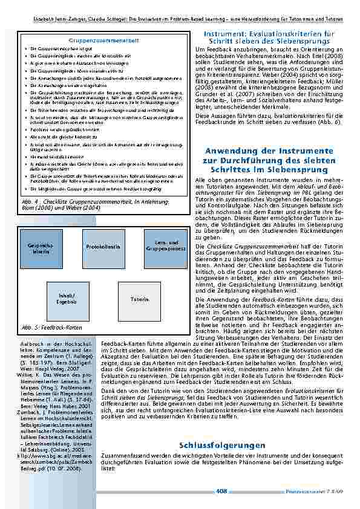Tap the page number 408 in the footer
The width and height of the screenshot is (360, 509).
pyautogui.click(x=221, y=491)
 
